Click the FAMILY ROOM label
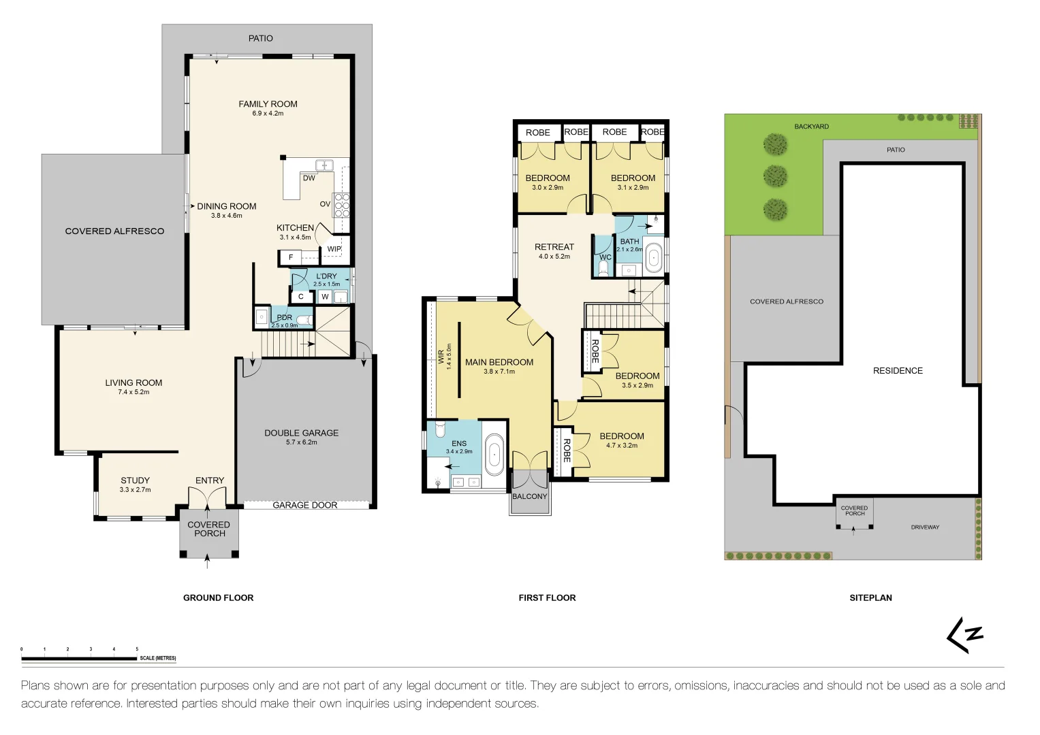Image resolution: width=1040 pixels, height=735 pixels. (268, 104)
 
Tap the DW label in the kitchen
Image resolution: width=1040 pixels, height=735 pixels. (309, 178)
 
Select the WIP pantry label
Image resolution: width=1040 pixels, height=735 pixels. (334, 249)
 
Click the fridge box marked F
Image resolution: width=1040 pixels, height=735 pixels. (291, 257)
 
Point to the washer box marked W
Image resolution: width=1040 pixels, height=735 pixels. (325, 297)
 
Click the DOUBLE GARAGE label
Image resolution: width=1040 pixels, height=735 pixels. (301, 433)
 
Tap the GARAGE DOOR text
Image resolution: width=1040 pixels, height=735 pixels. (304, 505)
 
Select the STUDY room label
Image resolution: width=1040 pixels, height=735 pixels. (135, 480)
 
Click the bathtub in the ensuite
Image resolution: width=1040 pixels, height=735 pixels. (494, 455)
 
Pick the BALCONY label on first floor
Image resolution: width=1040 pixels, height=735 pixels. (530, 497)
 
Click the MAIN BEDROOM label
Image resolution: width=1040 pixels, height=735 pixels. (499, 362)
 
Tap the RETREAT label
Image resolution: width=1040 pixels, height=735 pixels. (554, 247)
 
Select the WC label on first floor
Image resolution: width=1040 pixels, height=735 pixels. (605, 257)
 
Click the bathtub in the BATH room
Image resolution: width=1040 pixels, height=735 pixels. (654, 258)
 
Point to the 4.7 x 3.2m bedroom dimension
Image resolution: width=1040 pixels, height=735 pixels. (622, 446)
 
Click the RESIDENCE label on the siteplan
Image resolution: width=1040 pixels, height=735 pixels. (898, 371)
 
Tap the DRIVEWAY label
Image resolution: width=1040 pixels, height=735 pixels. (925, 527)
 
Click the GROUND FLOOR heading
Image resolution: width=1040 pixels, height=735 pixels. (218, 598)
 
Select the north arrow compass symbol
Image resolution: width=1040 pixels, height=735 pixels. (964, 635)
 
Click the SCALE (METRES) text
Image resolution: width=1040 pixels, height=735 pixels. (158, 658)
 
